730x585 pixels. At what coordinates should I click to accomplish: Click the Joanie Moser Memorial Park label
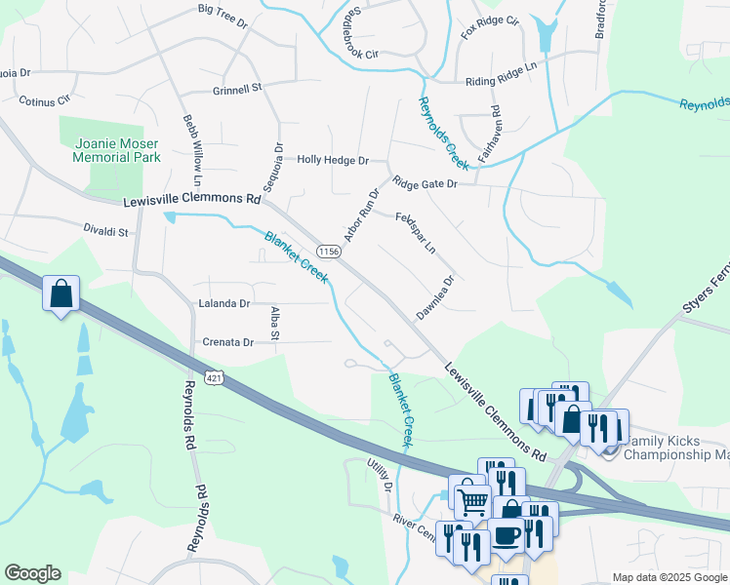pyautogui.click(x=116, y=149)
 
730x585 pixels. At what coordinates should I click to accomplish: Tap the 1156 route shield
pyautogui.click(x=330, y=252)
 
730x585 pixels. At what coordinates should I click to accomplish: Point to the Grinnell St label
pyautogui.click(x=237, y=88)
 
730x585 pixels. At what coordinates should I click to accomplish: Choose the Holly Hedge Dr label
pyautogui.click(x=333, y=160)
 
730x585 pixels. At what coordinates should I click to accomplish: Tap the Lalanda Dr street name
pyautogui.click(x=224, y=304)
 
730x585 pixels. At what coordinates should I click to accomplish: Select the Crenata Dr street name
pyautogui.click(x=228, y=342)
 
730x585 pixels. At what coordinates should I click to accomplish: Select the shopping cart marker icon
pyautogui.click(x=472, y=501)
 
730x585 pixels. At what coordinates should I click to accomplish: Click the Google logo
pyautogui.click(x=32, y=573)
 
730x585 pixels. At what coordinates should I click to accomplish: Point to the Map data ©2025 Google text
pyautogui.click(x=669, y=577)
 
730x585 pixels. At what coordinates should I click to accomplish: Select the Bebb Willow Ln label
pyautogui.click(x=192, y=150)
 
